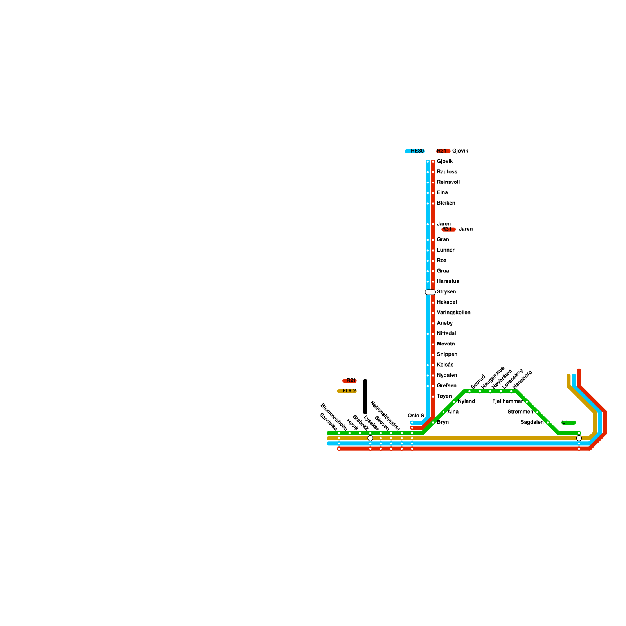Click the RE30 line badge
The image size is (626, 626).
coord(415,151)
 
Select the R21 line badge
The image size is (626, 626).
coord(349,381)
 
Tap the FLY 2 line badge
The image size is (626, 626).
coord(347,391)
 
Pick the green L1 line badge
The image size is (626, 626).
coord(568,422)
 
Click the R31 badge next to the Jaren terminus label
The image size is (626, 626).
coord(448,229)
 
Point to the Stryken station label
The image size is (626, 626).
coord(446,292)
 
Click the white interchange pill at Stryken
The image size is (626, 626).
coord(430,292)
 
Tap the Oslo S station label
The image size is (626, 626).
coord(416,416)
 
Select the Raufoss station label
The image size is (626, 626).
coord(447,172)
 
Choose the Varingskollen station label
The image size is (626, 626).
coord(453,313)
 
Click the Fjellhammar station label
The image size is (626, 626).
coord(507,401)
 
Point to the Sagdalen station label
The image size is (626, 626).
coord(532,422)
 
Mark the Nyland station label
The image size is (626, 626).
coord(466,401)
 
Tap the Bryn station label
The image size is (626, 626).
coord(443,422)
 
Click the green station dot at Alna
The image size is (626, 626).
coord(443,412)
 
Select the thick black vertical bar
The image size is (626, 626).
coord(365,396)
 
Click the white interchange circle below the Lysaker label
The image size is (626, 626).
coord(370,438)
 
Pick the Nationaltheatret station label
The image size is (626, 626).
coord(385,416)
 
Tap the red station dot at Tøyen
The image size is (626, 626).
coord(433,396)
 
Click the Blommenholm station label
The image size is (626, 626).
coord(333,417)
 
